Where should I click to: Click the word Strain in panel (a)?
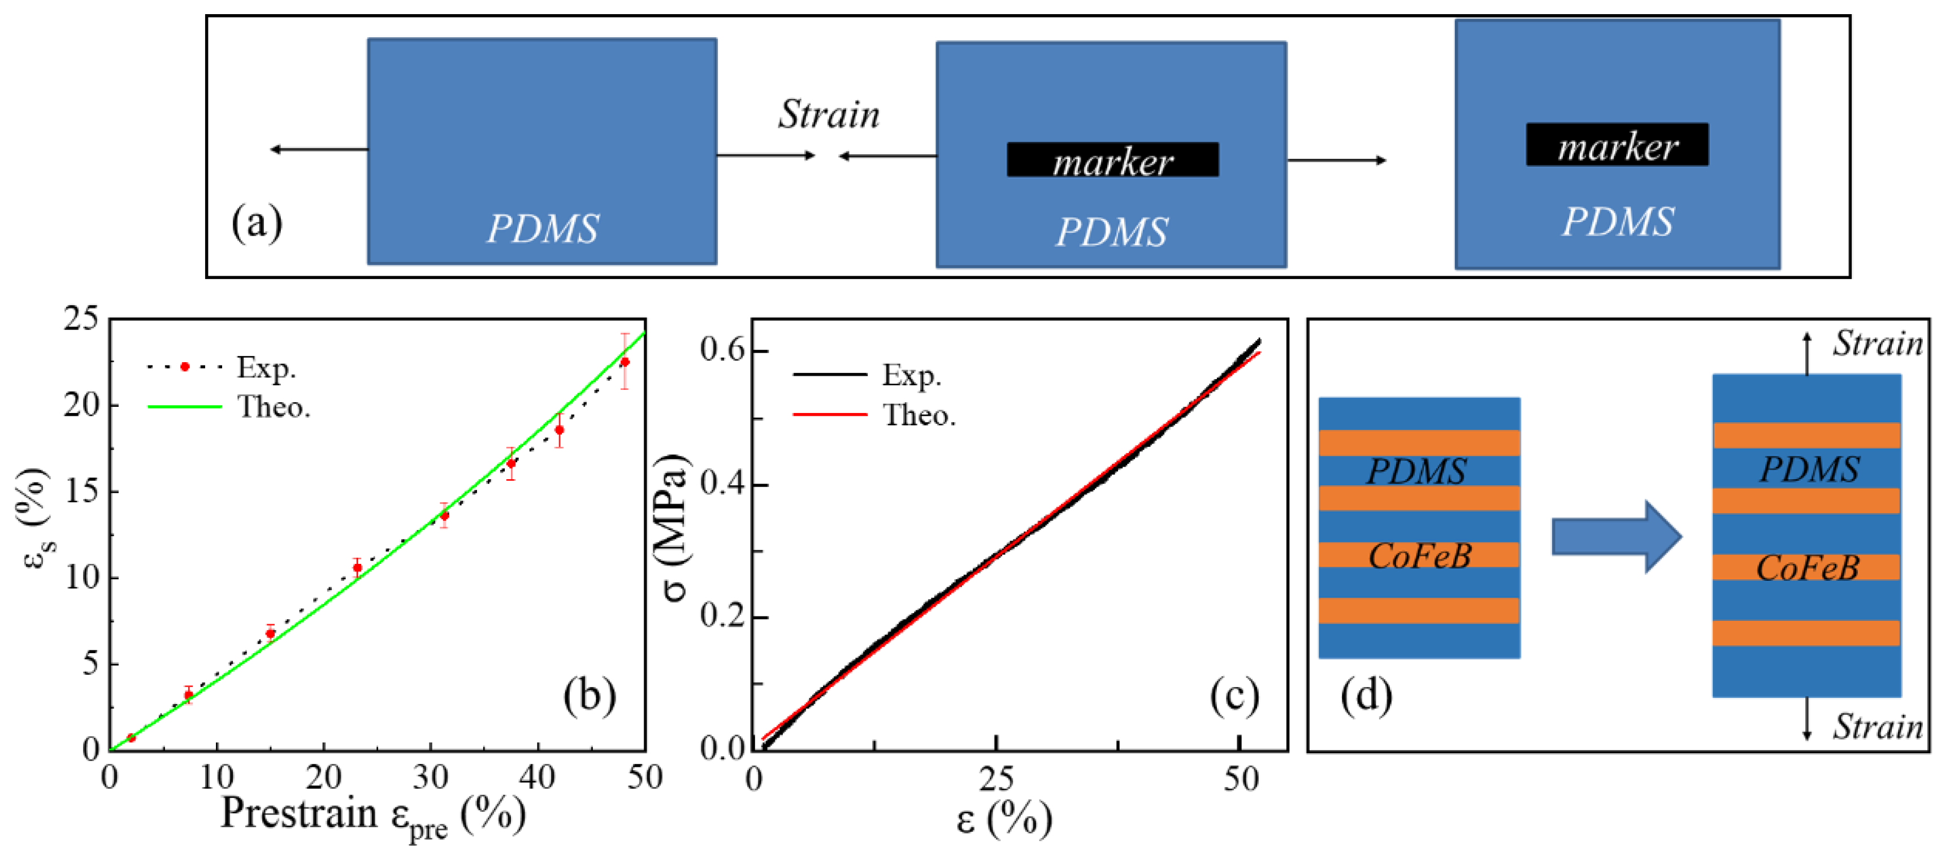pyautogui.click(x=828, y=115)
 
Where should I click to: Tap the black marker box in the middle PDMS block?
pyautogui.click(x=1112, y=160)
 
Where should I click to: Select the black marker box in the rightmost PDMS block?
pyautogui.click(x=1617, y=145)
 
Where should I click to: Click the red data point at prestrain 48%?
pyautogui.click(x=624, y=362)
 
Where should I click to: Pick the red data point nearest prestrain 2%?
pyautogui.click(x=131, y=738)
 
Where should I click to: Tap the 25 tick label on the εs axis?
pyautogui.click(x=81, y=319)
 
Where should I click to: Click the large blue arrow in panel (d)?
pyautogui.click(x=1616, y=537)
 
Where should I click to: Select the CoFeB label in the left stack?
pyautogui.click(x=1420, y=556)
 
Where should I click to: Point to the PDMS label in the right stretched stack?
pyautogui.click(x=1808, y=470)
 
